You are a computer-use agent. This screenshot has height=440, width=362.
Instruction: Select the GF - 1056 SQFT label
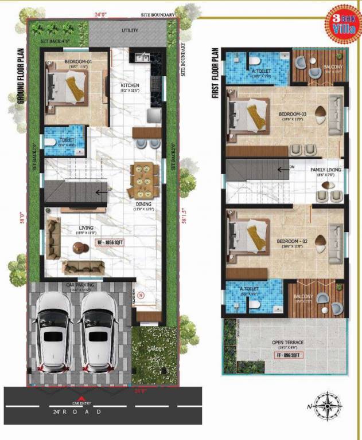point(111,243)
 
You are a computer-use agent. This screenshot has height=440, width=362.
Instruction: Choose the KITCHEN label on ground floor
point(130,86)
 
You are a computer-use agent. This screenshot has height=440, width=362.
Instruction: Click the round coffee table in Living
point(78,247)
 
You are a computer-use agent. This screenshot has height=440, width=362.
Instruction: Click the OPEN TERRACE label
point(287,343)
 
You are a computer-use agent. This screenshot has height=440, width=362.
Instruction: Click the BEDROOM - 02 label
point(293,241)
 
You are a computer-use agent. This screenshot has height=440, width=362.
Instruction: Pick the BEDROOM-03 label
point(293,114)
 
